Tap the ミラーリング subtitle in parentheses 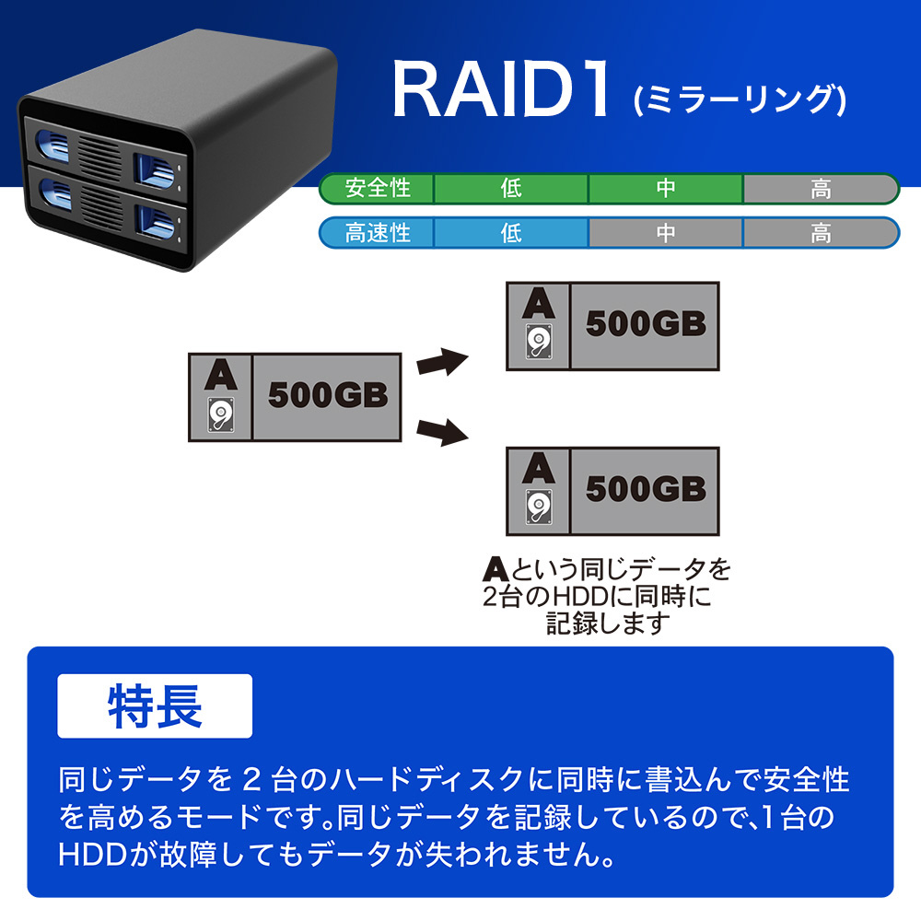[740, 99]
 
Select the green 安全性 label [377, 189]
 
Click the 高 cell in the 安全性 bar [821, 189]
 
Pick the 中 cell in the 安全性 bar [666, 189]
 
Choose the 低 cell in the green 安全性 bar [511, 189]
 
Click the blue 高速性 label [377, 233]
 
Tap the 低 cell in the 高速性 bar [511, 233]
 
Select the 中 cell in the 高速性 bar [666, 233]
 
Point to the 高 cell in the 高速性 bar [821, 233]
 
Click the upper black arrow [442, 361]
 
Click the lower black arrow [442, 432]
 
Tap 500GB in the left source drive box [328, 395]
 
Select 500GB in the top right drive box [646, 323]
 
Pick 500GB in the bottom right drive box [646, 489]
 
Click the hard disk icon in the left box [221, 414]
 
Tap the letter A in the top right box [539, 304]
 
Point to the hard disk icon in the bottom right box [539, 507]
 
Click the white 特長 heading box [155, 706]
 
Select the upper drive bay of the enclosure [106, 154]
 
